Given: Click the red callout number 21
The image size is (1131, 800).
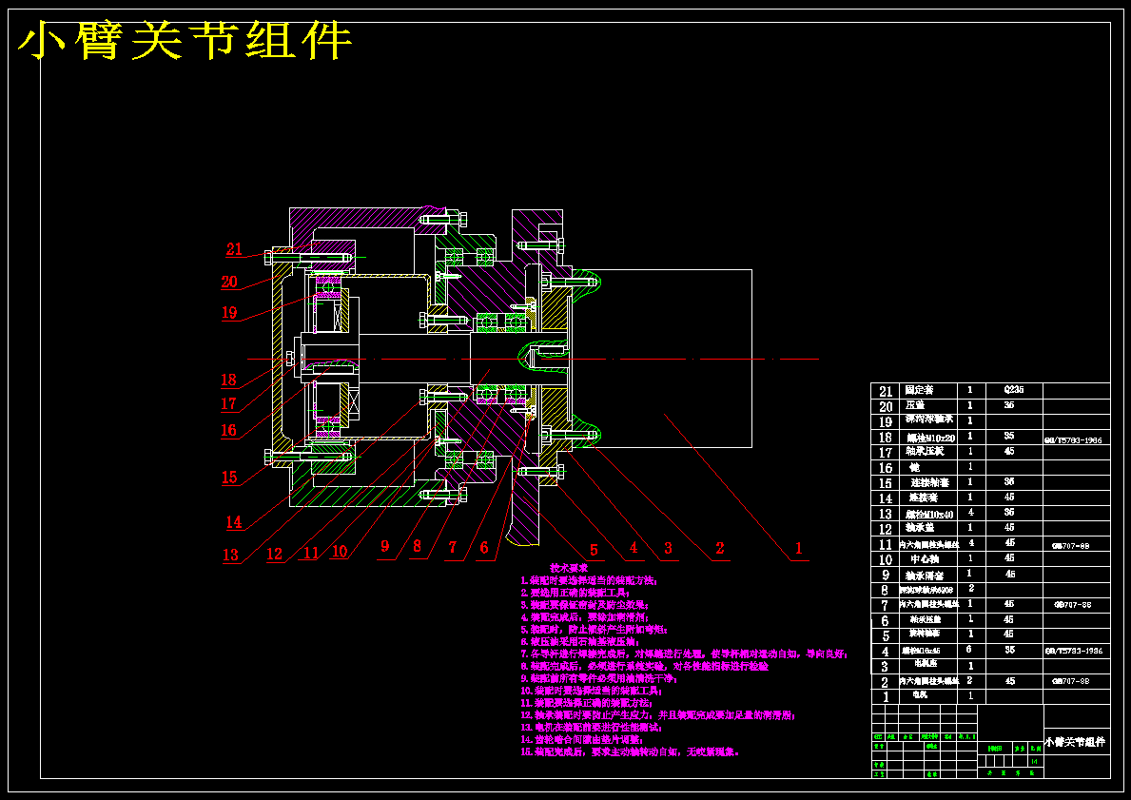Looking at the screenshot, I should pyautogui.click(x=234, y=249).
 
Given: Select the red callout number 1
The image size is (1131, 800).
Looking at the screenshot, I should pyautogui.click(x=799, y=548).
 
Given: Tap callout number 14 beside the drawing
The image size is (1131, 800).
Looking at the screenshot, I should pyautogui.click(x=234, y=521).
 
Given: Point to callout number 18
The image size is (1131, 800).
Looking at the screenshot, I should pyautogui.click(x=228, y=380).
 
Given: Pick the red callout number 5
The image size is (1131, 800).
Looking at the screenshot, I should pyautogui.click(x=594, y=550).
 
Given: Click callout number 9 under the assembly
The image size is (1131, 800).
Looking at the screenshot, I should pyautogui.click(x=385, y=546).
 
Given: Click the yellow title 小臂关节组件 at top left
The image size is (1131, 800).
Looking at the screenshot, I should pyautogui.click(x=186, y=42).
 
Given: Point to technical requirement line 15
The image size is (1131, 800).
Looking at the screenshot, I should pyautogui.click(x=630, y=751).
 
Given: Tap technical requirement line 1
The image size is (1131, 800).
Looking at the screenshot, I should pyautogui.click(x=588, y=579).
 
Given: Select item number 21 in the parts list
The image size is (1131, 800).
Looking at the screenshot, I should pyautogui.click(x=886, y=391).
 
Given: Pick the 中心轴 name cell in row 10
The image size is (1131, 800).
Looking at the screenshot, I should pyautogui.click(x=925, y=558).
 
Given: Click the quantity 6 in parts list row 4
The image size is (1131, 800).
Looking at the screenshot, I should pyautogui.click(x=969, y=650).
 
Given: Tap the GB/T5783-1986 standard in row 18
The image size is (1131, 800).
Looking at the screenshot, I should pyautogui.click(x=1076, y=440).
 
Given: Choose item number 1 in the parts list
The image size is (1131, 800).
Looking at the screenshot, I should pyautogui.click(x=885, y=696).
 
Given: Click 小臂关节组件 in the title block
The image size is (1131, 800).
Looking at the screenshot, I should pyautogui.click(x=1076, y=742).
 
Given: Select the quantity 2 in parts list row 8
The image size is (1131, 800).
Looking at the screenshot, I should pyautogui.click(x=970, y=589).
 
